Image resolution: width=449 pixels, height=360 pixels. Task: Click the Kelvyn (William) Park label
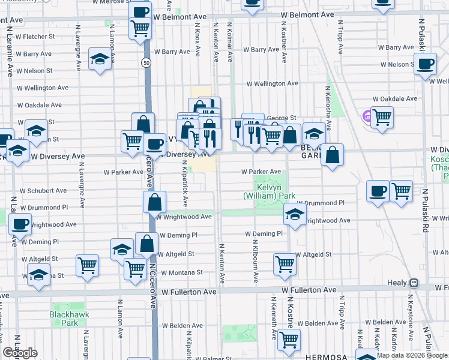click(269, 191)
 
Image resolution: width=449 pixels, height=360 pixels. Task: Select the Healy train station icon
click(414, 283)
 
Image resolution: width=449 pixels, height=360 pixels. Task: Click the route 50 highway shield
click(146, 62)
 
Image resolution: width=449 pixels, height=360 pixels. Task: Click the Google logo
click(20, 353)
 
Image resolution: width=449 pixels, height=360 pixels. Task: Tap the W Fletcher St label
click(35, 37)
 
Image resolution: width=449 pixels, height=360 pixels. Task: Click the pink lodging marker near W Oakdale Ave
click(366, 115)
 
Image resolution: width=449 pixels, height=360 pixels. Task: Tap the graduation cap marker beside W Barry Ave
click(98, 59)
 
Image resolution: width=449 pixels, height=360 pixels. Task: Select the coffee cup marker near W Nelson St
click(426, 64)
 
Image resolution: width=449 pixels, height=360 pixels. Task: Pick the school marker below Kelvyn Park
click(294, 214)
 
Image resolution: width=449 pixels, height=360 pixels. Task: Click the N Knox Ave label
click(197, 42)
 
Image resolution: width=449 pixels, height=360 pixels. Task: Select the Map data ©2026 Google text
click(411, 355)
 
